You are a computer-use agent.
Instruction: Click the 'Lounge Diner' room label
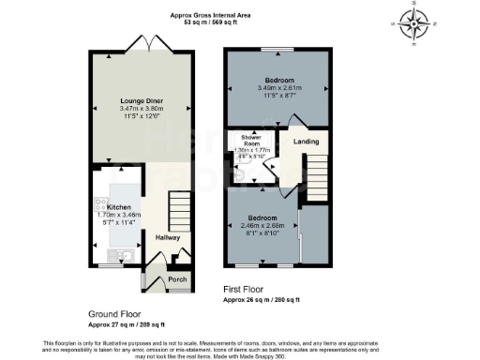click(144, 99)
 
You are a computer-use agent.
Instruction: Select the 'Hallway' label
click(169, 237)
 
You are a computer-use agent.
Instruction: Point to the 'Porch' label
click(176, 278)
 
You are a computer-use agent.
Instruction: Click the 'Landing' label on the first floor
click(306, 142)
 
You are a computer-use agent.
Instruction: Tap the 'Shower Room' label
click(250, 140)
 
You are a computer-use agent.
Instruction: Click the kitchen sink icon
click(118, 255)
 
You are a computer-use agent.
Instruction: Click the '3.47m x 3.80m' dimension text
click(144, 109)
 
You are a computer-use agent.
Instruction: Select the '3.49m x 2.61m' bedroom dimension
click(277, 89)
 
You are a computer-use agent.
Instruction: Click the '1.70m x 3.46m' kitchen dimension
click(118, 215)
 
